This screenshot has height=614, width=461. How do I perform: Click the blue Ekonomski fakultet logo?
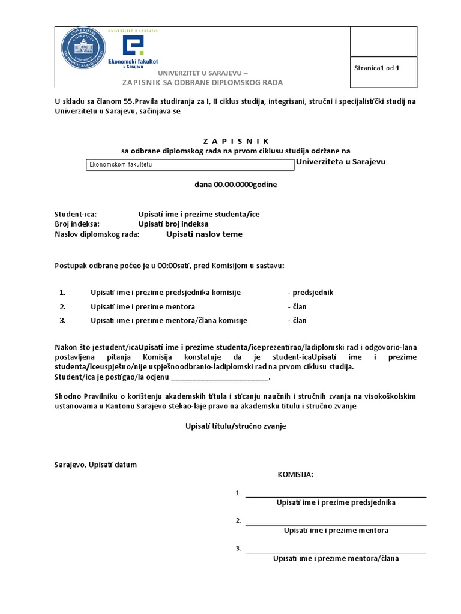tap(133, 51)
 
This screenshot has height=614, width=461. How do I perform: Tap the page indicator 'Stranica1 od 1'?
tap(376, 68)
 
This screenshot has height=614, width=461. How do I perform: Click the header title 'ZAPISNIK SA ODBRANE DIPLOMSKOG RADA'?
tap(203, 82)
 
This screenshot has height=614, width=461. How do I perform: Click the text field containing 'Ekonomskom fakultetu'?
tap(190, 164)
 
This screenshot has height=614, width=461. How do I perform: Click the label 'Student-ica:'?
tap(76, 213)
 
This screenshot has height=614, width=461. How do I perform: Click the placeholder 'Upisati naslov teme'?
tap(204, 234)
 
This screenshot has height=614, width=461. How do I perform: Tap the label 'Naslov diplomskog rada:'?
tap(97, 234)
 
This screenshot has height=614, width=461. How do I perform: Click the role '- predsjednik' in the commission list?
tap(310, 293)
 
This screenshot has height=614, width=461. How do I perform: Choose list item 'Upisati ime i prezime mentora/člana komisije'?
tap(169, 320)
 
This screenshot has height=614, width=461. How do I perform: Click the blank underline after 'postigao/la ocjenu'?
tap(220, 378)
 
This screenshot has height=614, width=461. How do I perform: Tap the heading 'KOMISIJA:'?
tap(295, 475)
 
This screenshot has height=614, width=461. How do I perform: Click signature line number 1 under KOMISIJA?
tap(336, 495)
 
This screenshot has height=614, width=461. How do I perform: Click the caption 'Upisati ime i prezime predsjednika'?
tap(336, 502)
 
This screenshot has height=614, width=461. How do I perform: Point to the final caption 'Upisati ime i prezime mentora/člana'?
tap(336, 558)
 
